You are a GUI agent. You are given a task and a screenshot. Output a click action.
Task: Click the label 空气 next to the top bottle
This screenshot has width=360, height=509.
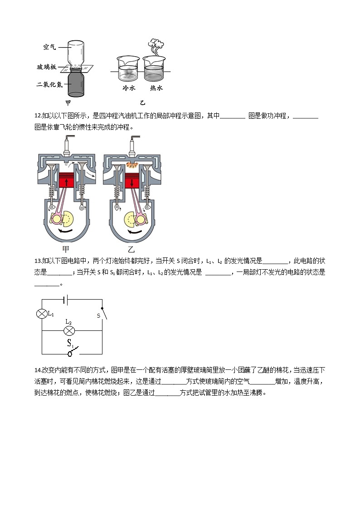pyautogui.click(x=49, y=47)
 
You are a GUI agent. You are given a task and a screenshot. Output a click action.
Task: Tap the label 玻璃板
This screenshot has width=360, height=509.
pyautogui.click(x=47, y=67)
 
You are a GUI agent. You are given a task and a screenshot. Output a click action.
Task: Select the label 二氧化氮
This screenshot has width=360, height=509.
pyautogui.click(x=49, y=84)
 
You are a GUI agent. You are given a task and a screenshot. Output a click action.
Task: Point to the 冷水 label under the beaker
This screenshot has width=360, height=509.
pyautogui.click(x=129, y=88)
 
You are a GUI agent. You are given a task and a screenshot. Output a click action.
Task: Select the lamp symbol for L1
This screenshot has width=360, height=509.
pyautogui.click(x=42, y=314)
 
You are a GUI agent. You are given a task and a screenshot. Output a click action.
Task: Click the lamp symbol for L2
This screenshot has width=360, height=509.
pyautogui.click(x=69, y=331)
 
